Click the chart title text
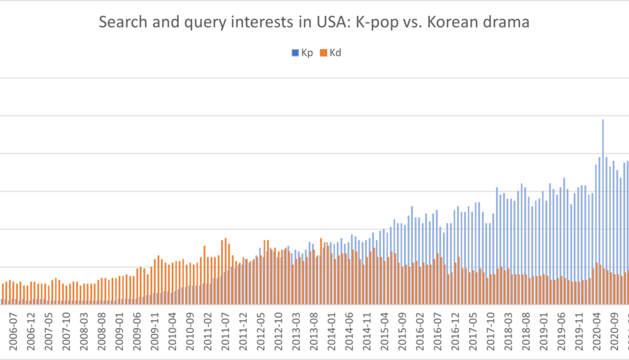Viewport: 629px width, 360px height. click(314, 22)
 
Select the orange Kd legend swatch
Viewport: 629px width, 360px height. click(322, 52)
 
